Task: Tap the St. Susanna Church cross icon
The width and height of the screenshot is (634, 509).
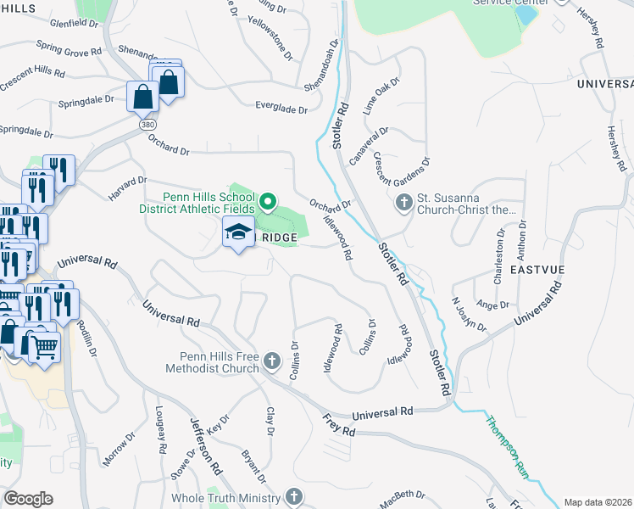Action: pyautogui.click(x=403, y=204)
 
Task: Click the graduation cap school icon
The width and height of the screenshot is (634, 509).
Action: pyautogui.click(x=239, y=232)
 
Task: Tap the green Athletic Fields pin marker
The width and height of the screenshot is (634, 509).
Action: pyautogui.click(x=268, y=202)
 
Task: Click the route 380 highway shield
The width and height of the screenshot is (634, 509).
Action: pyautogui.click(x=147, y=124)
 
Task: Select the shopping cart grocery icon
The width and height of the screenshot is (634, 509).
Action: pyautogui.click(x=45, y=346)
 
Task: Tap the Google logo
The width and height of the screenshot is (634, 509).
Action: pyautogui.click(x=28, y=499)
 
